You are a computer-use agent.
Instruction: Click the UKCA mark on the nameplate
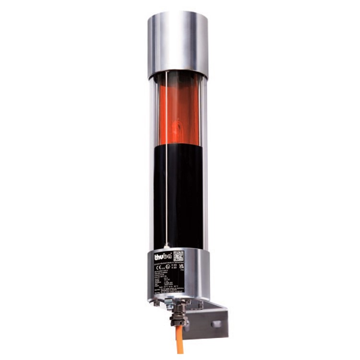pyautogui.click(x=181, y=267)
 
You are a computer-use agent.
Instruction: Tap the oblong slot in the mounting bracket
pyautogui.click(x=216, y=324)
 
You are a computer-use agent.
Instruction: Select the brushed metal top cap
pyautogui.click(x=178, y=43)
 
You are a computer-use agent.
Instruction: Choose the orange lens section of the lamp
pyautogui.click(x=178, y=110)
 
